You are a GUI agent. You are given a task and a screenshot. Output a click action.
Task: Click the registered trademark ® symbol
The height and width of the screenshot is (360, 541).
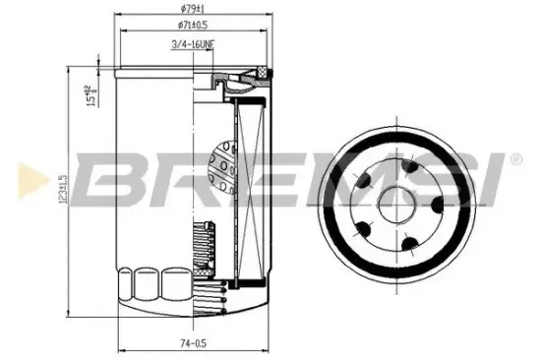point(515,158)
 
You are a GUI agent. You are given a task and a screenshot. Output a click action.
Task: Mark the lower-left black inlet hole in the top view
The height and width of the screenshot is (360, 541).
point(364,229)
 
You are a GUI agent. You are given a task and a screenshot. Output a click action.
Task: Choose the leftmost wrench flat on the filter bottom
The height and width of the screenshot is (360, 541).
point(125,286)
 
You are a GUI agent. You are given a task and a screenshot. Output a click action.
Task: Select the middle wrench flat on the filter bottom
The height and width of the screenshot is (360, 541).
point(149,286)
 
